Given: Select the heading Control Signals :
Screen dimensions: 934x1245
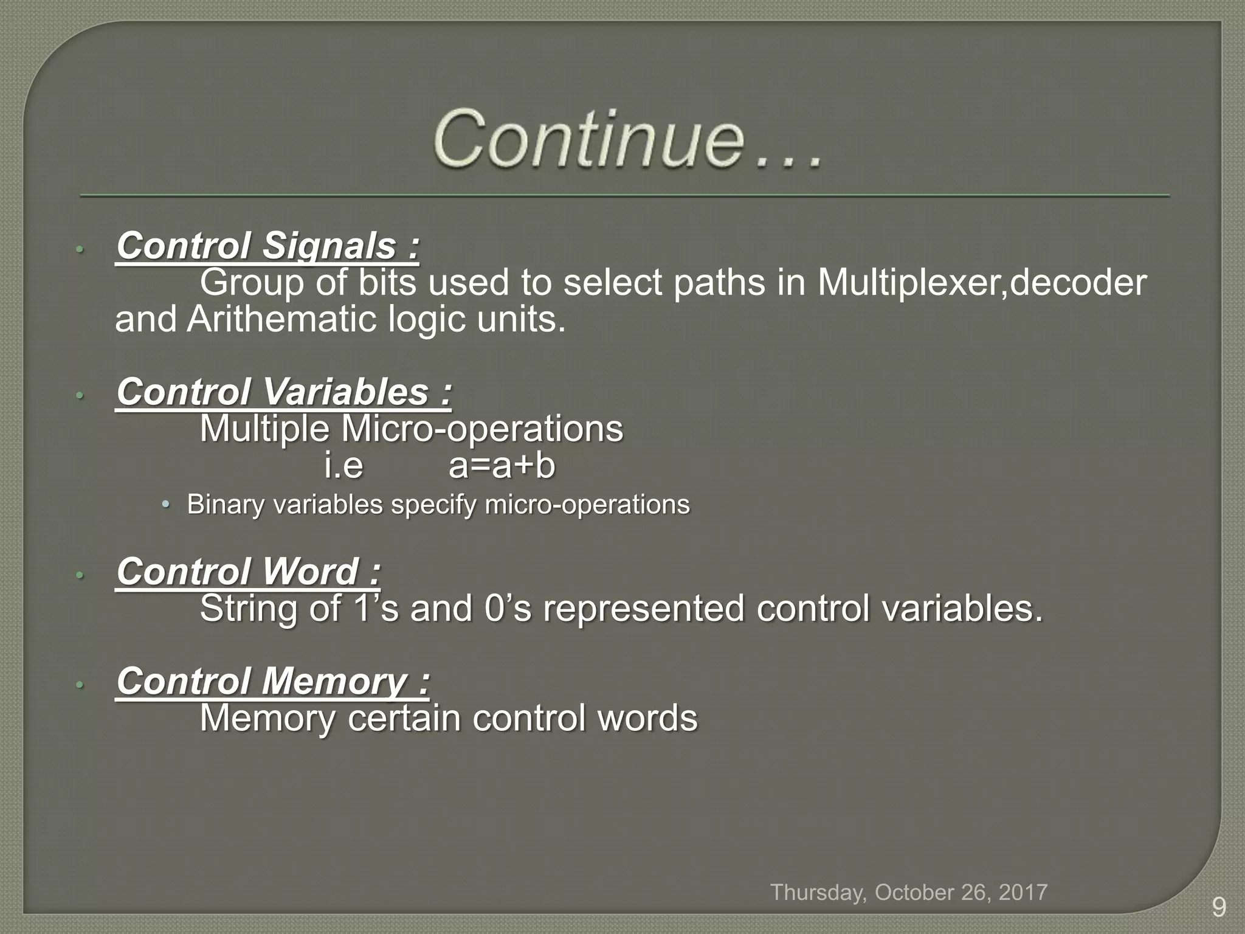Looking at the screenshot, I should pos(267,246).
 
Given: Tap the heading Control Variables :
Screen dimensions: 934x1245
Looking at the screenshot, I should pos(284,392).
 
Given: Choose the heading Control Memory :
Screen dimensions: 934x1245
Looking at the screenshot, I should pos(273,681).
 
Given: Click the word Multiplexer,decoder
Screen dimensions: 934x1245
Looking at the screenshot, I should pos(981,283).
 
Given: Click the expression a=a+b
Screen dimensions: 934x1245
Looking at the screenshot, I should pos(502,466).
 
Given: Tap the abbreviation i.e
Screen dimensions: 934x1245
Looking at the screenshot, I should pos(343,467).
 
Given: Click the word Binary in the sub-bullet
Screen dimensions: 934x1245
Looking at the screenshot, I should pos(225,505).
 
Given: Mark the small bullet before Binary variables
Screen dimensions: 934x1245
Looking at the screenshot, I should pos(165,505).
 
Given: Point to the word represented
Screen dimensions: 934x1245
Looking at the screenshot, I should pos(643,609).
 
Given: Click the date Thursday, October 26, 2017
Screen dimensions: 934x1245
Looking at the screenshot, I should pos(909,893).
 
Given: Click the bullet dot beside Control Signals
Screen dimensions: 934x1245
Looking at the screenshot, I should pos(78,249).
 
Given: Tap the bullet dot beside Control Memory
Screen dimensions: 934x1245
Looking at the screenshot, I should pos(78,685).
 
